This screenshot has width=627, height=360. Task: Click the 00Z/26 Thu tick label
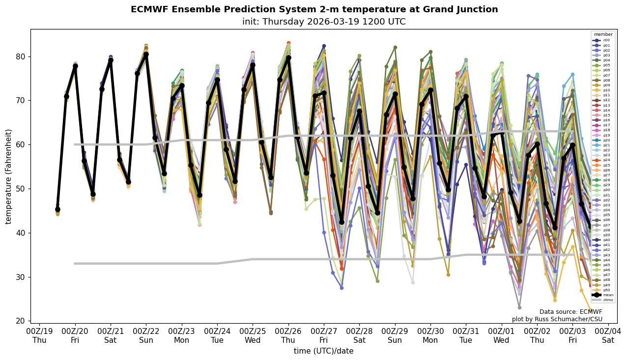coord(288,336)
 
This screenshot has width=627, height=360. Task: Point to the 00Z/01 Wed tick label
coord(501,336)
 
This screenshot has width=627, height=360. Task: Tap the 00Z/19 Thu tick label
coord(39,336)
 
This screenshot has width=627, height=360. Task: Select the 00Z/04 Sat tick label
coord(608,336)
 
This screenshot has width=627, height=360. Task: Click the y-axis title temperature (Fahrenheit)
coord(9,176)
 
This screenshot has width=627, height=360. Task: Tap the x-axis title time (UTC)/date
coord(323,351)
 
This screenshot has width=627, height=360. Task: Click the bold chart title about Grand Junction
coord(314,9)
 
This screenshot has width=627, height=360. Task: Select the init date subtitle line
coord(324,22)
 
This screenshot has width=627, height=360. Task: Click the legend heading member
coord(603,34)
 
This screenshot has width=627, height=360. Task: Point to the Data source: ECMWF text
coord(570,312)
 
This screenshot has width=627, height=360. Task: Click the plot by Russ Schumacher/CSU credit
coord(557,319)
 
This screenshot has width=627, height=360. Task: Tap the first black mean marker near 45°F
coord(57,209)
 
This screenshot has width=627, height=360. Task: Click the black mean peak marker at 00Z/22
coord(146,55)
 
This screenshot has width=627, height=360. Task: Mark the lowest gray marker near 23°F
coord(519,307)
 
